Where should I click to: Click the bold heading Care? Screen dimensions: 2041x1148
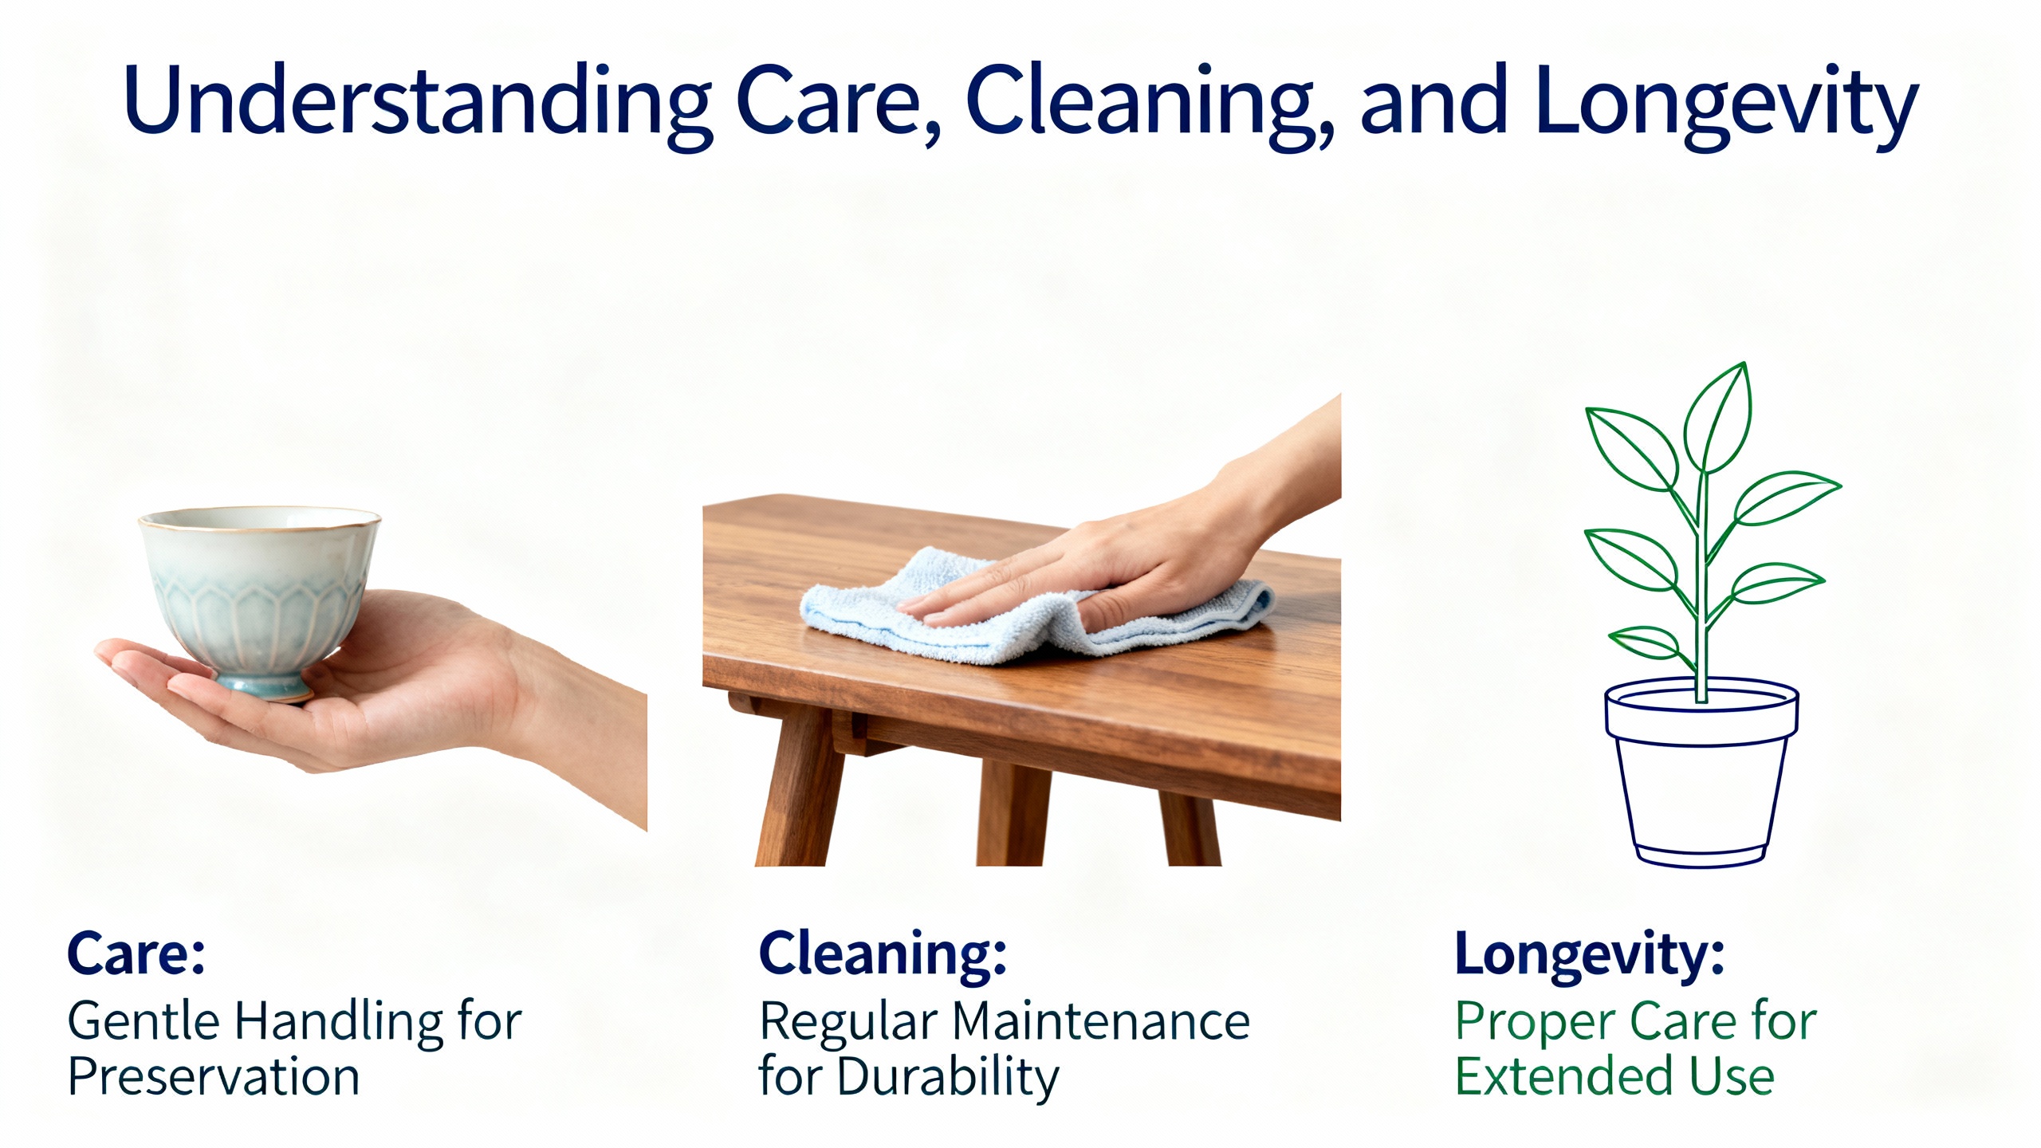(x=136, y=953)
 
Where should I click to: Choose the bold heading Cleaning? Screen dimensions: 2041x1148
(x=883, y=955)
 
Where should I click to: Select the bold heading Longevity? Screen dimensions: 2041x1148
(x=1590, y=955)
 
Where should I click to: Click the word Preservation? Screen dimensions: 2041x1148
(x=214, y=1077)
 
